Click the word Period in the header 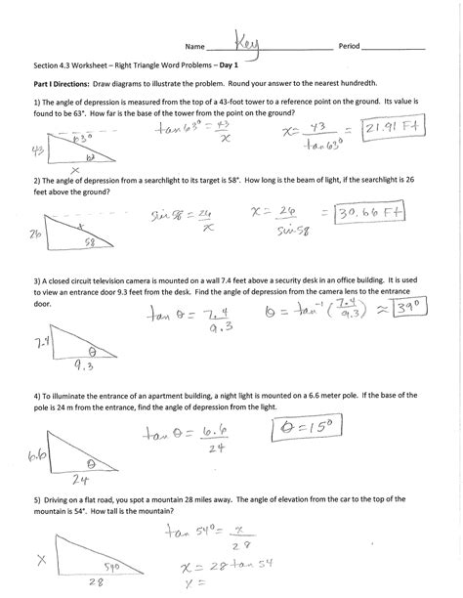350,47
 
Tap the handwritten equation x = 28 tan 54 210,568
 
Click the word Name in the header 197,47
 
